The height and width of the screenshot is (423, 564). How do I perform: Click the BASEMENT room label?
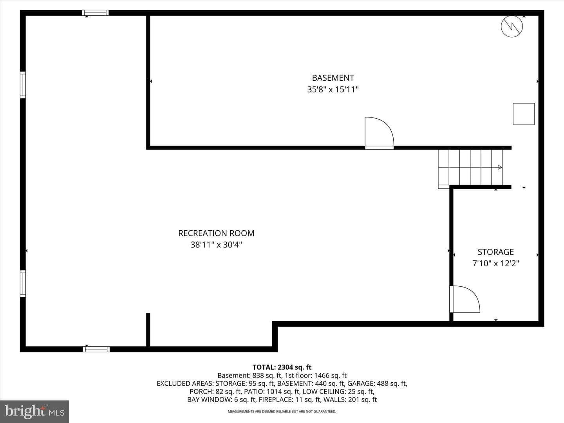(x=333, y=78)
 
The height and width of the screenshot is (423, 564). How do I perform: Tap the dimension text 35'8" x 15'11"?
(x=333, y=89)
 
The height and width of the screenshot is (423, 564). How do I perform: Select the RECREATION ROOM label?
(x=216, y=233)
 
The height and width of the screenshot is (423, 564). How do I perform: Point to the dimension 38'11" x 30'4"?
(x=216, y=244)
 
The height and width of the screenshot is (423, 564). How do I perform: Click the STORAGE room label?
(x=495, y=252)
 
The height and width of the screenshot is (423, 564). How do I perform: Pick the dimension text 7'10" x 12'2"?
(x=495, y=264)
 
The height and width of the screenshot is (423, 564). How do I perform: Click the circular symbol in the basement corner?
(x=512, y=27)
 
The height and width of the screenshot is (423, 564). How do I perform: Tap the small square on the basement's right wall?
(x=524, y=114)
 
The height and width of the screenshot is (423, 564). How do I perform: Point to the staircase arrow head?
(x=500, y=168)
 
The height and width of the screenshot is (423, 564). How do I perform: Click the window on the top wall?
(x=95, y=13)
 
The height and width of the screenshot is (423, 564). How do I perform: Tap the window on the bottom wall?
(x=96, y=349)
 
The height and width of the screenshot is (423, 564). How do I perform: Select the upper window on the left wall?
(x=23, y=85)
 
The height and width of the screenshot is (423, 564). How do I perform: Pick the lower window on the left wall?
(x=23, y=284)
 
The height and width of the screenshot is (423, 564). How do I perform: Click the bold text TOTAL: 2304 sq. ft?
(x=282, y=367)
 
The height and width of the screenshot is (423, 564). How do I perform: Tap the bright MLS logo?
(x=34, y=411)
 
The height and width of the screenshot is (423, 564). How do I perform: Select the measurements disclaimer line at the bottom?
(x=282, y=411)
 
